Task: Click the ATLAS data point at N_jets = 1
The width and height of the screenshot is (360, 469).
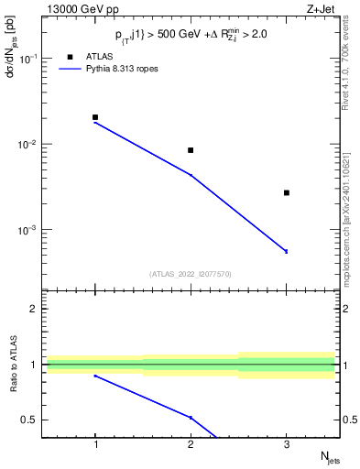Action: pos(95,117)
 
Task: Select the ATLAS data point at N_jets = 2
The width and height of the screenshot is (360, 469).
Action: pos(191,150)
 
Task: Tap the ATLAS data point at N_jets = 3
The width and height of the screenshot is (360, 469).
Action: pos(287,192)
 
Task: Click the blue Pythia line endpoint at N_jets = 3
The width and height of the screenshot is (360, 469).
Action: pos(287,251)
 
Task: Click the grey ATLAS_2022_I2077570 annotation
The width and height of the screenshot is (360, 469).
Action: pos(191,273)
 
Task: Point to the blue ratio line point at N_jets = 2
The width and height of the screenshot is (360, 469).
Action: pos(191,418)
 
